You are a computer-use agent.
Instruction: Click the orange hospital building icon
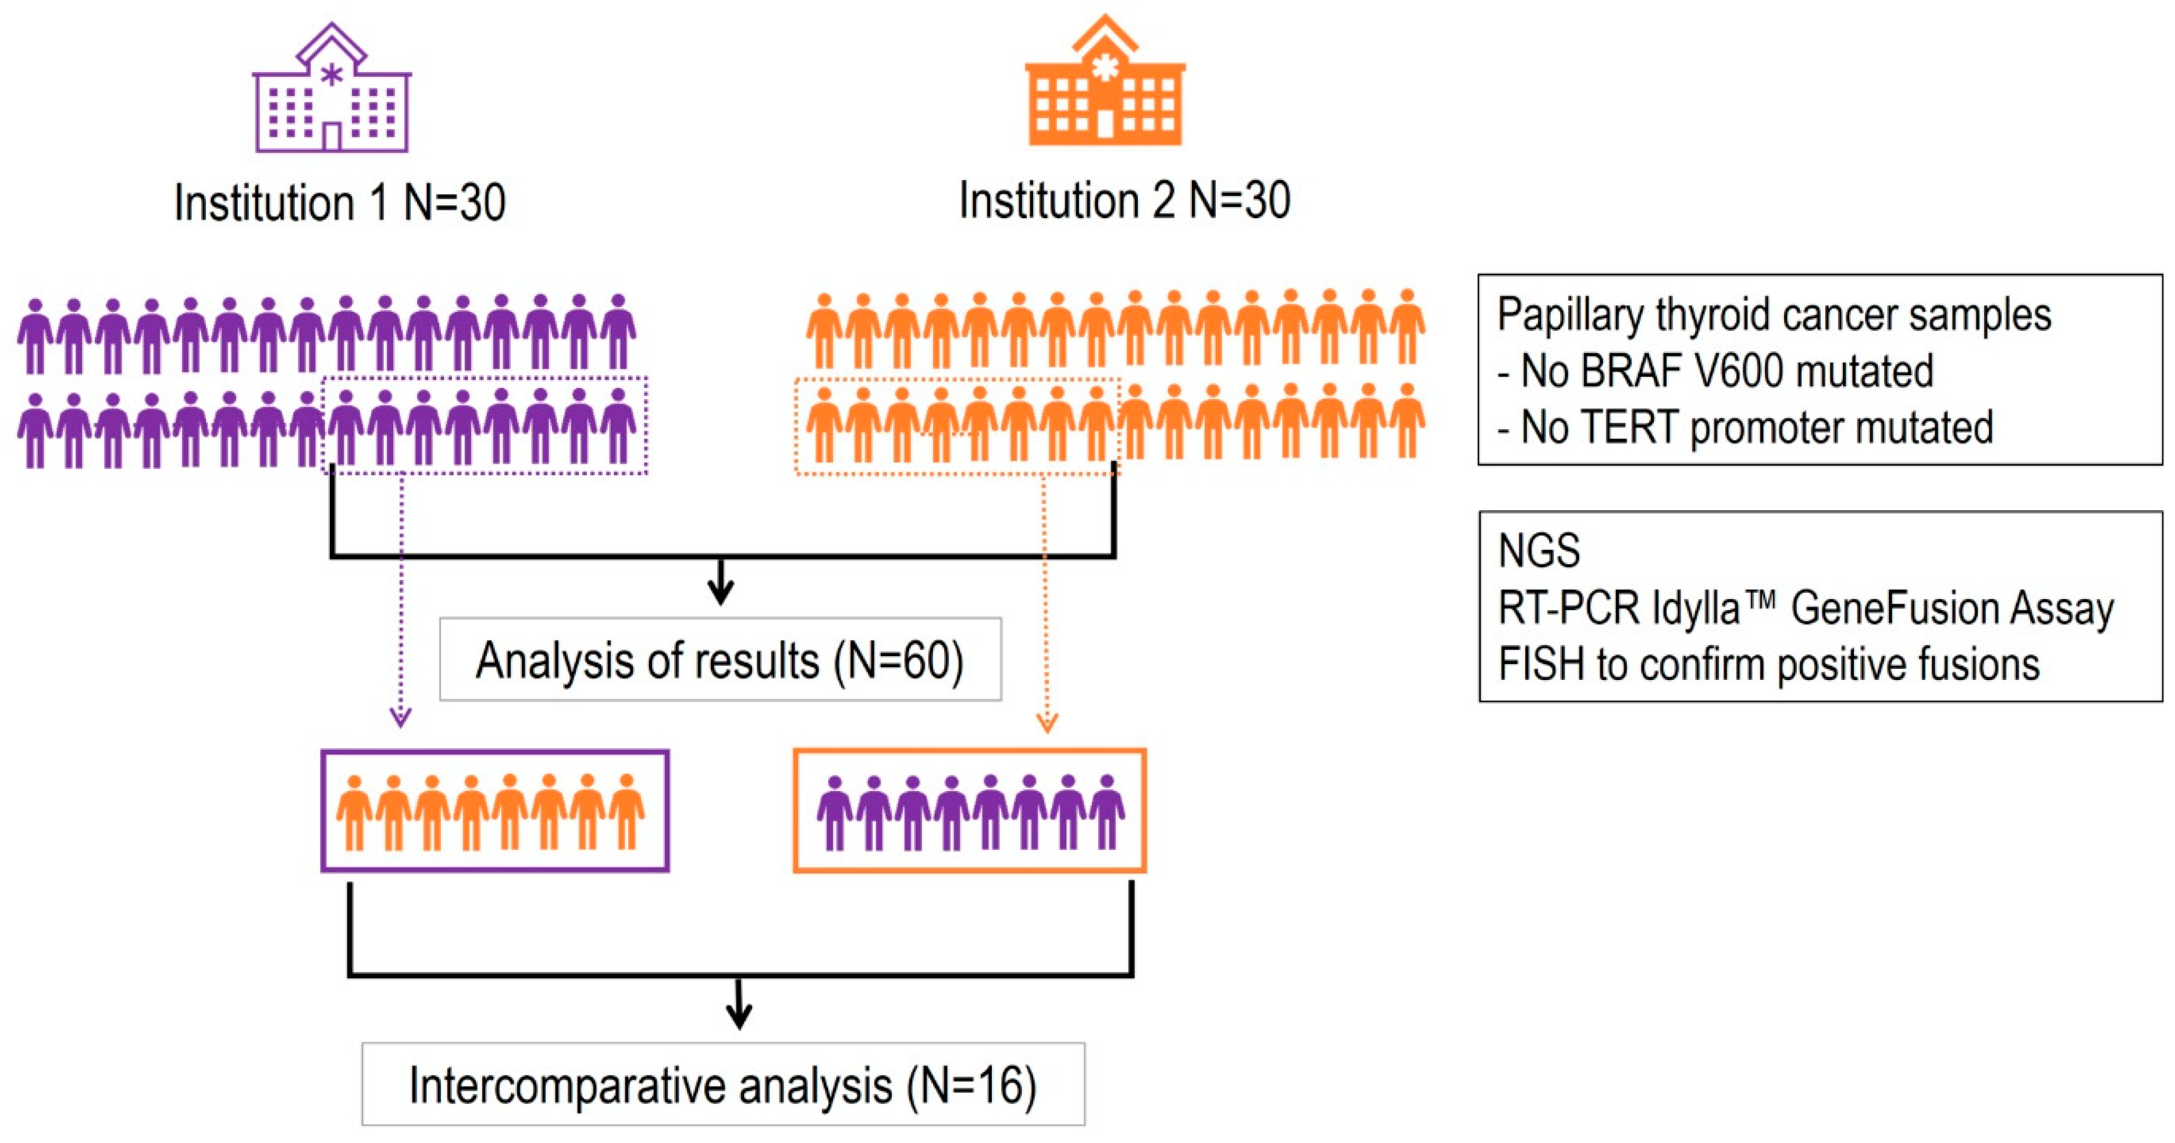[x=1105, y=84]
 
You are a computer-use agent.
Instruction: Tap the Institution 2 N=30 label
[x=1124, y=201]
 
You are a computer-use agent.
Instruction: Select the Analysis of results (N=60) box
[x=720, y=659]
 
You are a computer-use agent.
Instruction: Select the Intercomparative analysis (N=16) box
[x=722, y=1085]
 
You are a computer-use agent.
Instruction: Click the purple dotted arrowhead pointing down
[x=400, y=718]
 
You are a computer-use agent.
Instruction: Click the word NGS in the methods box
[x=1539, y=551]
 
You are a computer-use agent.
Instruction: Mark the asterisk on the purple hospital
[x=332, y=75]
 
